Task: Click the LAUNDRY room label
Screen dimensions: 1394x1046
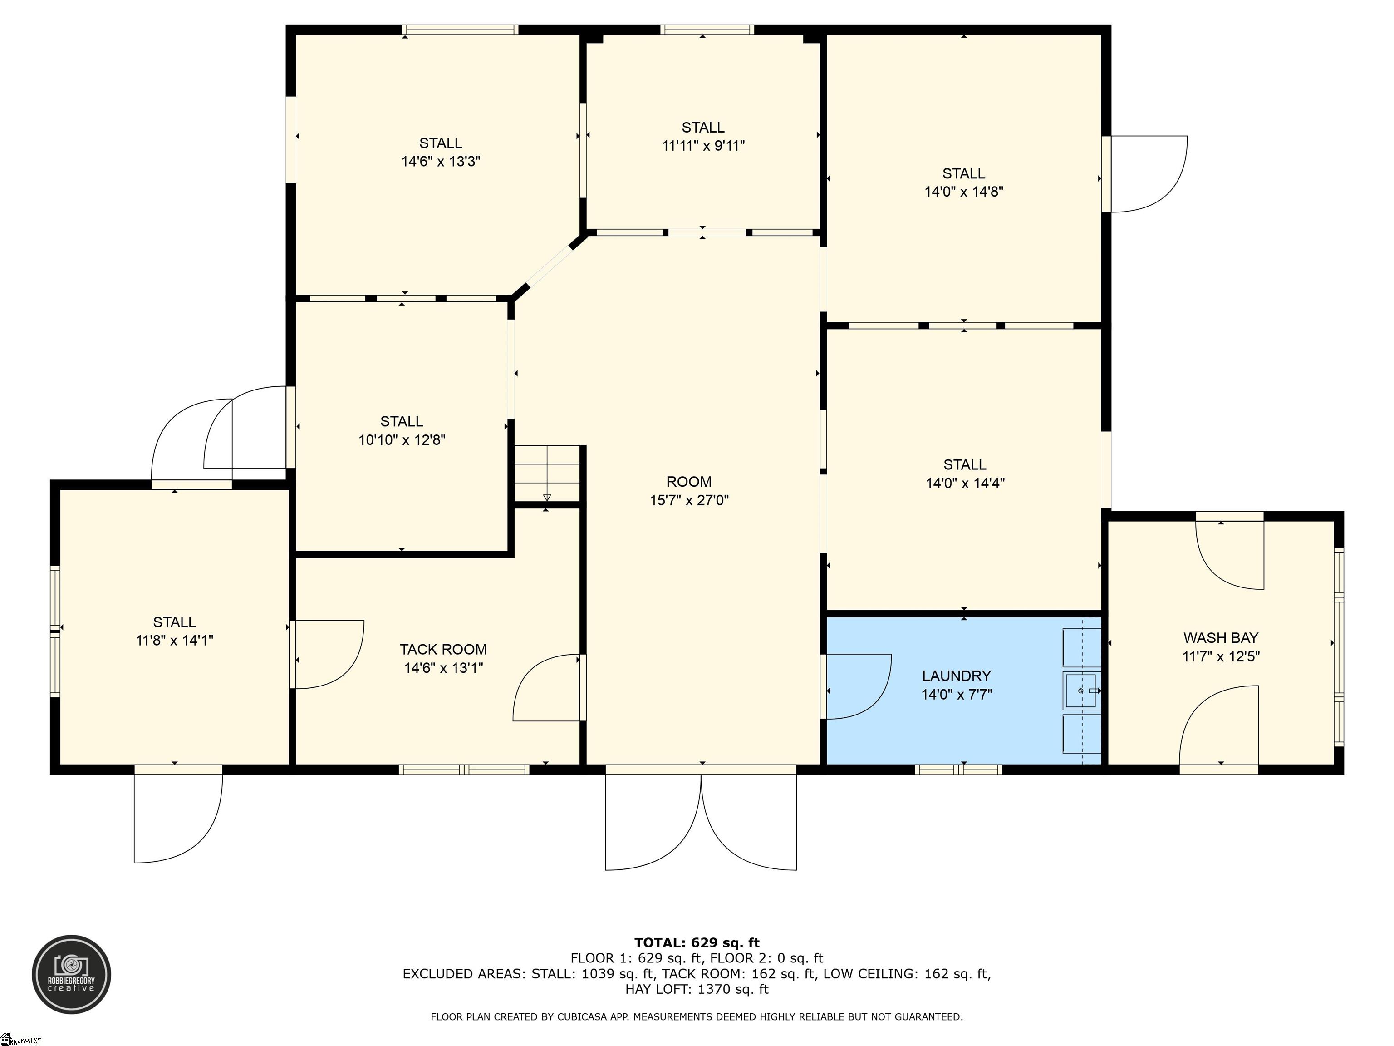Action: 956,676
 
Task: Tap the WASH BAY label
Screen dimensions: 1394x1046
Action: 1221,637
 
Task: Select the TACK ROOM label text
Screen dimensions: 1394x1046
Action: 443,649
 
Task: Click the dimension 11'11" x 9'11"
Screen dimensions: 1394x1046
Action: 703,146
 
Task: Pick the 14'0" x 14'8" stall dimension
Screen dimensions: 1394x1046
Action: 963,192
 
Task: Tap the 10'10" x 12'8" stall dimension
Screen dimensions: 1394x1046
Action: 402,440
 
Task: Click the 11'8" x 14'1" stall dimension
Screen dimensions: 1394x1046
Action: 175,641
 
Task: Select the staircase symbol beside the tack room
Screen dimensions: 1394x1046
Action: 547,474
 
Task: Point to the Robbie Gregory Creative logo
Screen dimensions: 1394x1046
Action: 72,974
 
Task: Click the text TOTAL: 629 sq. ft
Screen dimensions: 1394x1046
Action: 697,942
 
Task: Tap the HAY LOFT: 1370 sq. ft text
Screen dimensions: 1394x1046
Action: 697,989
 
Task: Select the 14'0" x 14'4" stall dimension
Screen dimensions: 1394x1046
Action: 965,484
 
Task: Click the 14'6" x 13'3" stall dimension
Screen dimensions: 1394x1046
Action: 441,162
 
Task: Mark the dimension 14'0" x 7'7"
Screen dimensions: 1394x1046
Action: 957,695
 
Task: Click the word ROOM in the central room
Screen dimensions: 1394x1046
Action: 689,482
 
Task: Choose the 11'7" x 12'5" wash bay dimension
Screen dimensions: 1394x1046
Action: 1221,656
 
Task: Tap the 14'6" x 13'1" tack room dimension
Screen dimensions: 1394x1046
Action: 444,668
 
